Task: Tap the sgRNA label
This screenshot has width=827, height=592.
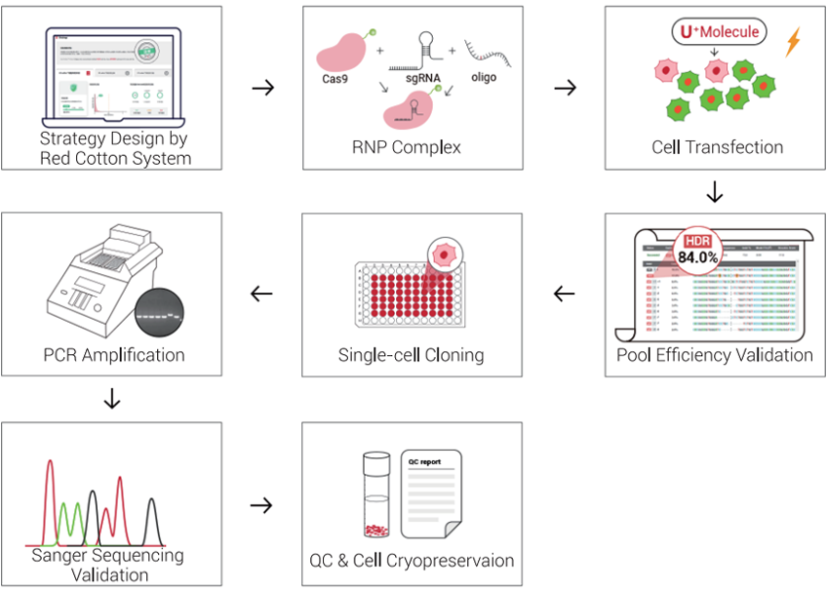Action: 411,77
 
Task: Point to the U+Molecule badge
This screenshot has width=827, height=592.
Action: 720,32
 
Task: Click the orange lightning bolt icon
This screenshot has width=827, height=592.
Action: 792,41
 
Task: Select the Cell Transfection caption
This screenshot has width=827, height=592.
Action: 717,148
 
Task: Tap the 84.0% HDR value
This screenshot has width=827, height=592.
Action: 698,258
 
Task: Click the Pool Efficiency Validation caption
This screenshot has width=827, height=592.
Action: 715,355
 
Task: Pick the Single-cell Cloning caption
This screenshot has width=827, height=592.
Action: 411,355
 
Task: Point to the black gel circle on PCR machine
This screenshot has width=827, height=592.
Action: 159,314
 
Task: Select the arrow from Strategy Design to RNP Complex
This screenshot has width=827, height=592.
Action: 261,88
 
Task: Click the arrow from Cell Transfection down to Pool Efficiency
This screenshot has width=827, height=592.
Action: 715,192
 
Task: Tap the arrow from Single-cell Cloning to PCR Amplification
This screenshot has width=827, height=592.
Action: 261,293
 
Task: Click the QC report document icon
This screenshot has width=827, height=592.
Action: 431,493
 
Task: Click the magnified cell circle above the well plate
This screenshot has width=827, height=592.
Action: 445,255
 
